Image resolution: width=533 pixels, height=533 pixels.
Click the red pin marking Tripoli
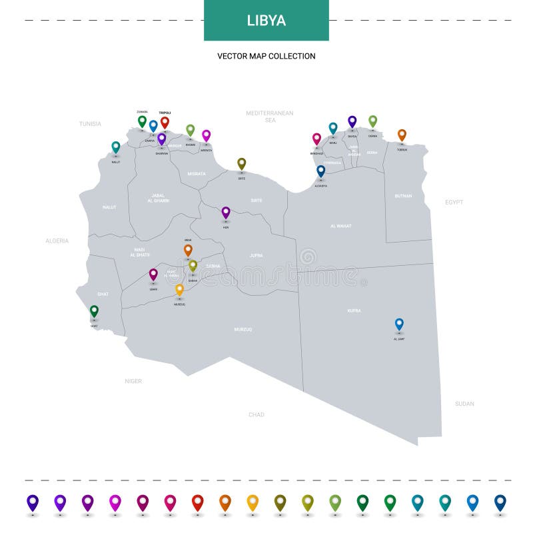[x=165, y=122]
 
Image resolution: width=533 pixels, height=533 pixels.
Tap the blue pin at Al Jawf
[x=399, y=324]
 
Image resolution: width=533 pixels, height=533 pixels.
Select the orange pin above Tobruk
[x=402, y=135]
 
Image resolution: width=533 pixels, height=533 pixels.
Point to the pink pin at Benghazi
[x=316, y=139]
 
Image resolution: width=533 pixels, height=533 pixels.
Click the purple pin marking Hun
[x=226, y=212]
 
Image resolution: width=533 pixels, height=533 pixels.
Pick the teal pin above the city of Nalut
[x=116, y=147]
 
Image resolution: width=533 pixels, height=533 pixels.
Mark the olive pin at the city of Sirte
[x=241, y=163]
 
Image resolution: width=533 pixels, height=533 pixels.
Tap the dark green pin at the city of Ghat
[x=94, y=310]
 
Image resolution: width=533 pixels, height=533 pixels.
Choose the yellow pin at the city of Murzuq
[x=179, y=289]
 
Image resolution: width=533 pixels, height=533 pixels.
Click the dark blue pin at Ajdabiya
[x=320, y=171]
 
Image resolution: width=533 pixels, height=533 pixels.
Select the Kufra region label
[x=354, y=310]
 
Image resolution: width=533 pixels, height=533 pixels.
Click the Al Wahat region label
[x=340, y=226]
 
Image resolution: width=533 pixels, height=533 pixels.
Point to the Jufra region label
[x=257, y=255]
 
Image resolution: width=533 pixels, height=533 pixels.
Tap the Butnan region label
[x=403, y=196]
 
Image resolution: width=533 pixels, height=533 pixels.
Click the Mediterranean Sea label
[x=270, y=117]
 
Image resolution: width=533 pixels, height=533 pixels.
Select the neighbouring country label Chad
[x=257, y=414]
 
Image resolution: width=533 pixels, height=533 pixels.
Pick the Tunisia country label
[x=90, y=124]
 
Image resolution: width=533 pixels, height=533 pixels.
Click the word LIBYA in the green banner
[x=266, y=21]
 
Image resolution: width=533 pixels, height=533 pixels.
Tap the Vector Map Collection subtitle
[x=266, y=57]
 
